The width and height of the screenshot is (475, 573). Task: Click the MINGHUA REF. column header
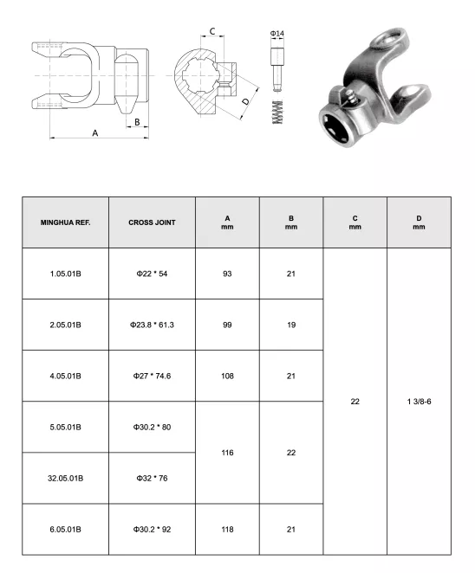[65, 222]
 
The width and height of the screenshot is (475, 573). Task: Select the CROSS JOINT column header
[152, 222]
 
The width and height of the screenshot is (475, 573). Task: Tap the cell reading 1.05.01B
[65, 274]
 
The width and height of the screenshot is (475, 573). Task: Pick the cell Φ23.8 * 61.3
[152, 325]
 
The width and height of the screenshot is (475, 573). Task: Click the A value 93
[227, 274]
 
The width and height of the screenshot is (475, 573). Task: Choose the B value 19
[291, 325]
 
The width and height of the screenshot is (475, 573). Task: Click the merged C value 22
[355, 401]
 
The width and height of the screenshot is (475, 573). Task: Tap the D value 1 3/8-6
[419, 401]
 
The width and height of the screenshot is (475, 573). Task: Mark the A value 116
[227, 452]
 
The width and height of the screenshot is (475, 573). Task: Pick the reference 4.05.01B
[65, 376]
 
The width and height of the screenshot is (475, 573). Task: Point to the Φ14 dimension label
[277, 33]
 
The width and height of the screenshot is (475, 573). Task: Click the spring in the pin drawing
[277, 111]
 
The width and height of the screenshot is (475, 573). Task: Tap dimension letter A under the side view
[95, 132]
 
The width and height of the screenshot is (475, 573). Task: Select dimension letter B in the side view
[136, 122]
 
